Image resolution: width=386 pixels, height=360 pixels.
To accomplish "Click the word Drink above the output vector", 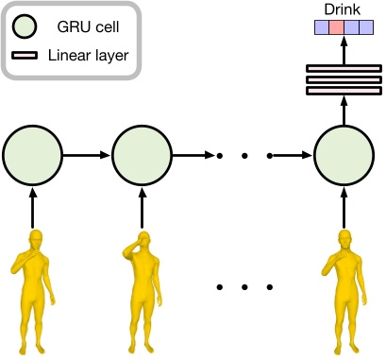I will (x=341, y=9).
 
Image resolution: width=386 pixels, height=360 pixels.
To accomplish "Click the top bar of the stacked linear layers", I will (x=341, y=67).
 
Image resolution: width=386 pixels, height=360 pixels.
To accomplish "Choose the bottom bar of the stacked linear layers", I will (x=341, y=92).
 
